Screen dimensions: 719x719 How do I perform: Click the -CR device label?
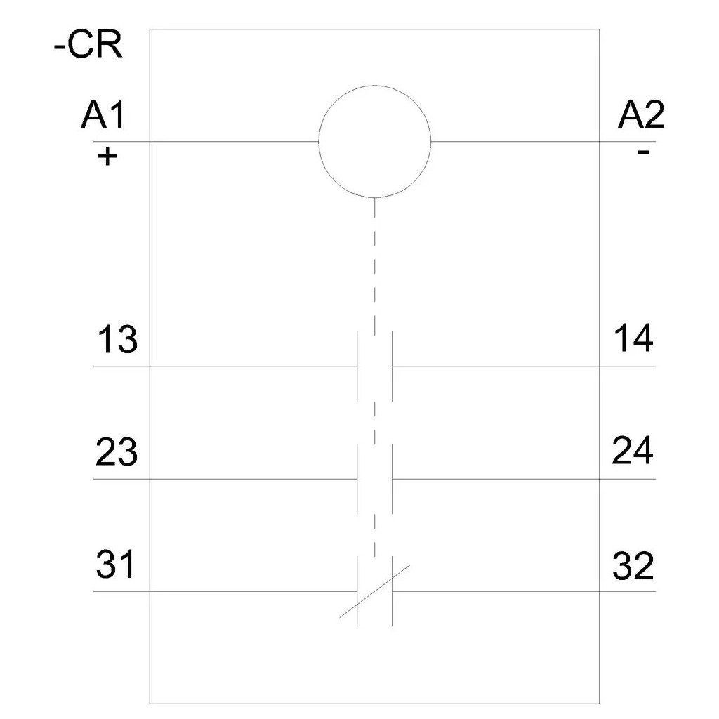(88, 46)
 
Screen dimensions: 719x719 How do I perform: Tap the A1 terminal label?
(103, 115)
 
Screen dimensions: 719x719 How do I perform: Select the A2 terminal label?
(641, 115)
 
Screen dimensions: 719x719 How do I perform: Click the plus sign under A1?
(107, 157)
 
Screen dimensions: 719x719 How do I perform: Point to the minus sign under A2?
(643, 152)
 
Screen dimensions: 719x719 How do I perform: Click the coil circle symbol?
(375, 85)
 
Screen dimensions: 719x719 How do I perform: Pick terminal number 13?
(117, 340)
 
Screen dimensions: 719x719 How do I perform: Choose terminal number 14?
(633, 338)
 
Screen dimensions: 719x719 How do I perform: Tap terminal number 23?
(117, 452)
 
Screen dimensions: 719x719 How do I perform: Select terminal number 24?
(633, 451)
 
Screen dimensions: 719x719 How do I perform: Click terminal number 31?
(115, 565)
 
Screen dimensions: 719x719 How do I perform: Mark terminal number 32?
(633, 566)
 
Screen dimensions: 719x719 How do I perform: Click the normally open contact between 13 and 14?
(375, 367)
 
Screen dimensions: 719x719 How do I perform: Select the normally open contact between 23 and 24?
(375, 479)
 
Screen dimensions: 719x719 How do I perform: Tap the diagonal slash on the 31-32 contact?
(375, 591)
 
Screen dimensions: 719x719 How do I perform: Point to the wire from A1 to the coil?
(206, 141)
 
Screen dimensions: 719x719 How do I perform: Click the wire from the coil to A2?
(543, 141)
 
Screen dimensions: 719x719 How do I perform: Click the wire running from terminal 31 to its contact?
(225, 591)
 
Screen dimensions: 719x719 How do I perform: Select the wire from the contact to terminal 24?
(524, 479)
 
